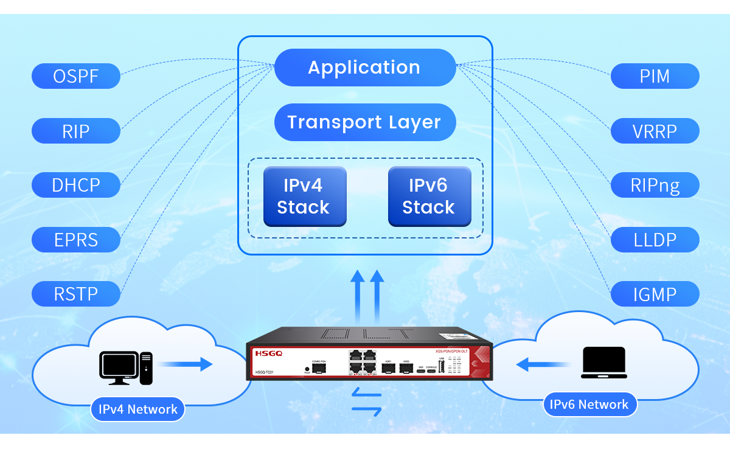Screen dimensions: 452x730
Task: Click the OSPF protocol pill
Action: (x=76, y=76)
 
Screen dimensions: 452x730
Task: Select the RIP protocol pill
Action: (x=76, y=131)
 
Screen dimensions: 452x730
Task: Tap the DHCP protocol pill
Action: (x=76, y=185)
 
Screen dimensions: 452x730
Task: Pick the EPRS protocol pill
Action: (x=76, y=240)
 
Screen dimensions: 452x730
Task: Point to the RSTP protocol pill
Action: (x=76, y=294)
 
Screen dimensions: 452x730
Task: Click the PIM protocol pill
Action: (x=655, y=76)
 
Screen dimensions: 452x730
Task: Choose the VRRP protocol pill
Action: (x=655, y=131)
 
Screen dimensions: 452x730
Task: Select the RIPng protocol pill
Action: (x=655, y=185)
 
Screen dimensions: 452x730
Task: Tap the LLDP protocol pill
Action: (x=655, y=240)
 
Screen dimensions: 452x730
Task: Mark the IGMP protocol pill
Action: (x=655, y=294)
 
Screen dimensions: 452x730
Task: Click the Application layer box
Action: (x=365, y=68)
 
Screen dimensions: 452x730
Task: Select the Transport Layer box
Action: (x=365, y=122)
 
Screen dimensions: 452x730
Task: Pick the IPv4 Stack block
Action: (x=304, y=196)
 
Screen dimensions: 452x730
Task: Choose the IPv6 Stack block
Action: (x=429, y=196)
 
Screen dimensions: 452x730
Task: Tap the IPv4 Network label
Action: (x=138, y=409)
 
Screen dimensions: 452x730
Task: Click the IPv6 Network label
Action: (x=589, y=405)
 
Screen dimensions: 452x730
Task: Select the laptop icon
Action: (x=603, y=363)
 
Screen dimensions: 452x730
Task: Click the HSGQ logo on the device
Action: (x=268, y=353)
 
